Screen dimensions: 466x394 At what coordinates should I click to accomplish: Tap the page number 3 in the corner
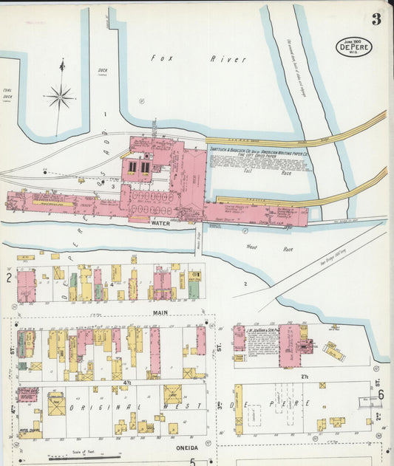pos(376,20)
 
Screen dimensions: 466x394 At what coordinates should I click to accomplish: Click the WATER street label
pos(160,222)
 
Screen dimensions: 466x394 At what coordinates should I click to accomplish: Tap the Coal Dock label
pos(7,95)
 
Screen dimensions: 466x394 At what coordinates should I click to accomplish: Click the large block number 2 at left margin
pos(9,278)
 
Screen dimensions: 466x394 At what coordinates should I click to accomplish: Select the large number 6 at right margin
pos(381,394)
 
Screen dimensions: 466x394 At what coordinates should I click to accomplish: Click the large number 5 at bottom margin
pos(192,462)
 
